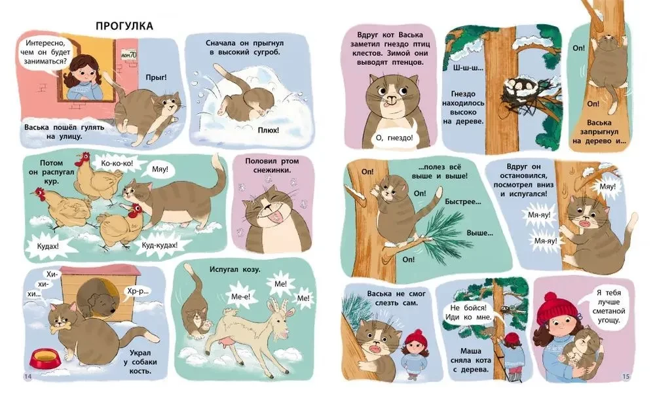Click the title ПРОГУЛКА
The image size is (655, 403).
pyautogui.click(x=124, y=26)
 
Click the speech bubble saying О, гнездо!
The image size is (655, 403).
pyautogui.click(x=394, y=137)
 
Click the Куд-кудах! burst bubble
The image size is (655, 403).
pyautogui.click(x=160, y=245)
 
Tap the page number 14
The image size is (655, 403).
pyautogui.click(x=28, y=377)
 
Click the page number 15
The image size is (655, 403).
pyautogui.click(x=626, y=377)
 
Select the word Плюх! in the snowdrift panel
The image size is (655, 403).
pyautogui.click(x=268, y=130)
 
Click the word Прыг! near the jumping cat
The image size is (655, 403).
pyautogui.click(x=157, y=77)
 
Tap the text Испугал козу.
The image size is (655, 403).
pyautogui.click(x=234, y=270)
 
